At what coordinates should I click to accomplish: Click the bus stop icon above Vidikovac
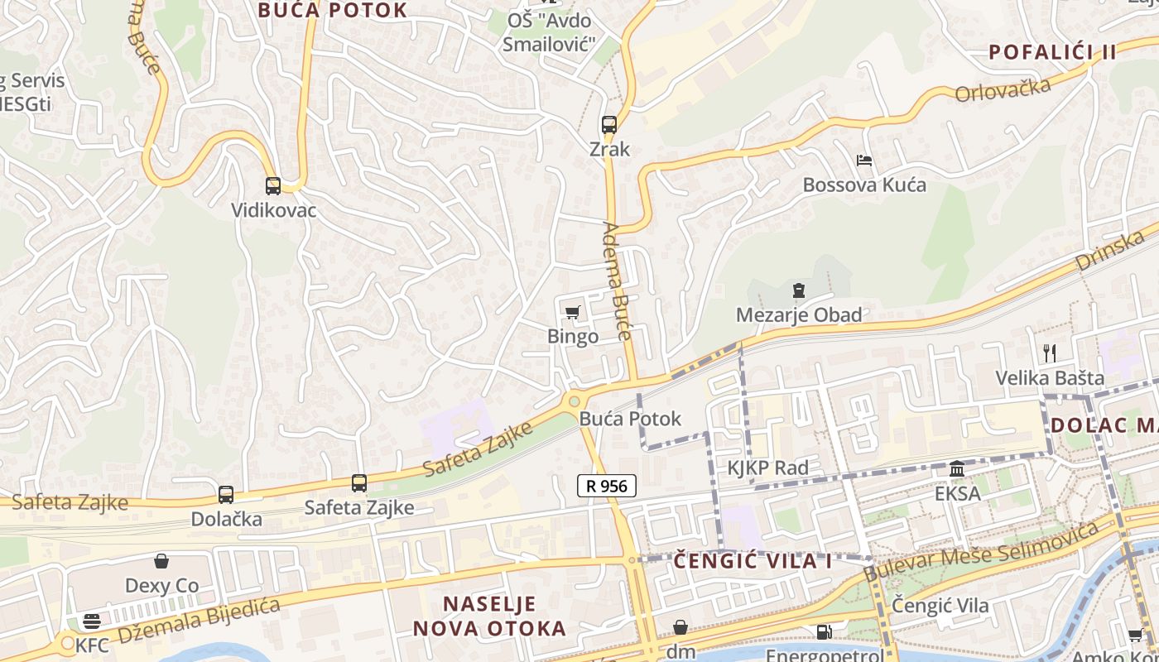273,186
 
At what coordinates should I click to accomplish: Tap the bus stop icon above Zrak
609,125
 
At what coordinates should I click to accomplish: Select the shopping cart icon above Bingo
572,312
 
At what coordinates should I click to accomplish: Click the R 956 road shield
607,486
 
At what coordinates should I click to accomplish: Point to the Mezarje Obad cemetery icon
798,290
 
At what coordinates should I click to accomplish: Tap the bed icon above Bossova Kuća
864,160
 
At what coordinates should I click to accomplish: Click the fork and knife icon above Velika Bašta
1050,353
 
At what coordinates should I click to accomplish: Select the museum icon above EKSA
957,469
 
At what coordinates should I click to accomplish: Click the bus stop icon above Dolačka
226,495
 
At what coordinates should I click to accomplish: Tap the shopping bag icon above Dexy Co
161,561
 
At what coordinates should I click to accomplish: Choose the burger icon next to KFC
91,621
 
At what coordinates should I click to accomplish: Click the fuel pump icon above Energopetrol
824,632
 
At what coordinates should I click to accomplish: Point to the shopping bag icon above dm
680,627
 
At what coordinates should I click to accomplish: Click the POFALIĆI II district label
1052,52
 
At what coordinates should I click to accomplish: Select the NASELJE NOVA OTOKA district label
489,616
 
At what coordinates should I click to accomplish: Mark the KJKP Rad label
767,468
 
